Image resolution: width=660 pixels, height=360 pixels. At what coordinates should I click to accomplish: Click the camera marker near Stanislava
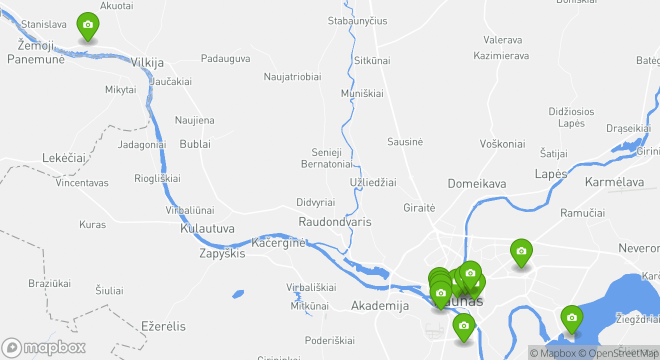87,25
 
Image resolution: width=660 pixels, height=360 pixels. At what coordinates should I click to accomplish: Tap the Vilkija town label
147,63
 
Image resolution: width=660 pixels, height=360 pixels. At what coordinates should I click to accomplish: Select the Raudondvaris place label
335,221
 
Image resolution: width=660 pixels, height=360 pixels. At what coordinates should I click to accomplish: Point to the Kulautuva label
207,229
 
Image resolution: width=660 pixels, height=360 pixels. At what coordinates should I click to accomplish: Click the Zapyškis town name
222,253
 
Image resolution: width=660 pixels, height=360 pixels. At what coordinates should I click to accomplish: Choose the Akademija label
380,305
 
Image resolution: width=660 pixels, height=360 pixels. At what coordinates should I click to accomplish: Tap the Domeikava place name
476,183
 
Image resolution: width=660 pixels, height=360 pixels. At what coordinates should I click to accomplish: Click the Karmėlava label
614,181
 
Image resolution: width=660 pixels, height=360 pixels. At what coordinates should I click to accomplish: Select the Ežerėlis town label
163,326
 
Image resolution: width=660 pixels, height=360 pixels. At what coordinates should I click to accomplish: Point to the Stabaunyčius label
357,21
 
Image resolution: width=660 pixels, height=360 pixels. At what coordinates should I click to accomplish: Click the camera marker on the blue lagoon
571,318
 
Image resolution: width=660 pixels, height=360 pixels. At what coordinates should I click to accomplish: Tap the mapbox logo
44,347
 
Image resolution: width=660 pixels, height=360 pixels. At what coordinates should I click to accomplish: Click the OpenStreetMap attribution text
618,353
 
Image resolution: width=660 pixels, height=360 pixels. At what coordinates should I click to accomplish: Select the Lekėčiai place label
63,158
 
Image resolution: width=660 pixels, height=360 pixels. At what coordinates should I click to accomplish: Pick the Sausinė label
405,142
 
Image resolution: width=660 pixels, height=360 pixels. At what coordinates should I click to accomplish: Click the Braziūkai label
49,283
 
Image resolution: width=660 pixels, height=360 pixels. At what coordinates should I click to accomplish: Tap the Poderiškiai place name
330,340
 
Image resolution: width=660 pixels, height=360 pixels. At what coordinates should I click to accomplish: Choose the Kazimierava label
501,55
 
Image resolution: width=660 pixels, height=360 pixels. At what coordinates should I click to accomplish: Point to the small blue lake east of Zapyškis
238,294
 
